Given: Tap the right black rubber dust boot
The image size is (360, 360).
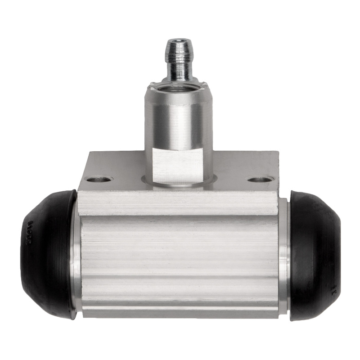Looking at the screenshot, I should pos(315,254).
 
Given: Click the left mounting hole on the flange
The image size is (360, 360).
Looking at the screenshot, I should pos(99,180).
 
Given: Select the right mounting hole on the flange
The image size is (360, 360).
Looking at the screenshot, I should pos(260,180).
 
